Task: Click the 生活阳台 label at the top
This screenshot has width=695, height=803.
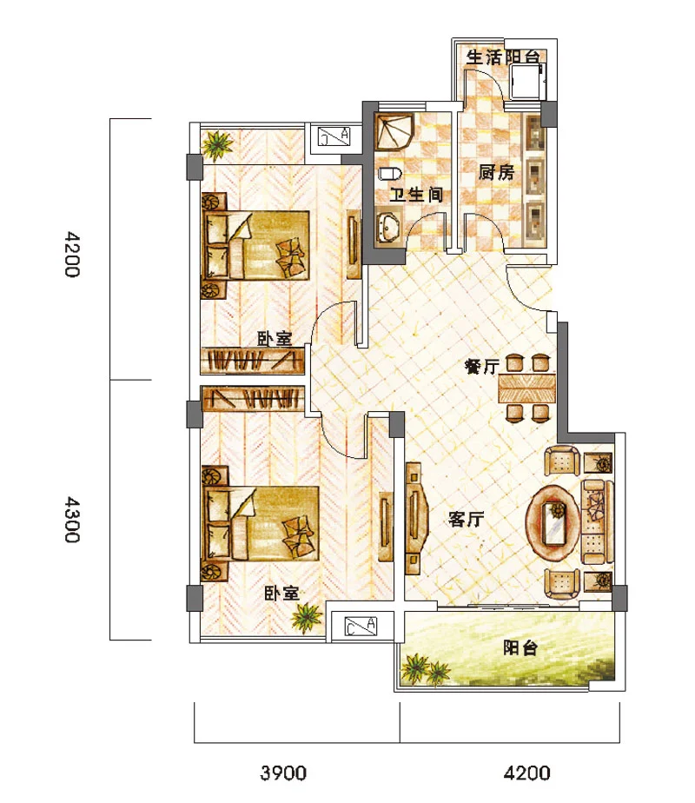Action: (x=502, y=56)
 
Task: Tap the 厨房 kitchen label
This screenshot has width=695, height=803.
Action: (x=496, y=172)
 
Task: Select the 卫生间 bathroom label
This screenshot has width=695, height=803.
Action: (x=415, y=195)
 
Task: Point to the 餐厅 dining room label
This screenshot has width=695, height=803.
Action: (x=481, y=366)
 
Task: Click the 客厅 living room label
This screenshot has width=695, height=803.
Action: (x=466, y=519)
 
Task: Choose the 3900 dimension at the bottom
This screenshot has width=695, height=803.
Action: (x=283, y=773)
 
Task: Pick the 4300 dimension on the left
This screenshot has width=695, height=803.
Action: (x=72, y=520)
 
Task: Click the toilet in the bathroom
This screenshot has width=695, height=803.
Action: (x=390, y=173)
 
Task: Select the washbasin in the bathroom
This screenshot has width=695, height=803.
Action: (x=389, y=228)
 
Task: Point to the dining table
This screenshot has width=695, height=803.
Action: (x=527, y=388)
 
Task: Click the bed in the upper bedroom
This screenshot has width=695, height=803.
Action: (x=256, y=245)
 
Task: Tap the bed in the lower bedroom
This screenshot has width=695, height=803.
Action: (x=261, y=523)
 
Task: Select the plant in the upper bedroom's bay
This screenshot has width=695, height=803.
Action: (x=216, y=144)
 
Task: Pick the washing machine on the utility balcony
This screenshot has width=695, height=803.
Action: (x=526, y=82)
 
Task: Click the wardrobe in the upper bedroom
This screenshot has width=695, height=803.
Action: (x=252, y=360)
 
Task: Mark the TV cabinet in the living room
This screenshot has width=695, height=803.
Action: (x=415, y=518)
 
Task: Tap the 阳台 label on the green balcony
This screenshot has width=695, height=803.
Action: (x=520, y=647)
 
